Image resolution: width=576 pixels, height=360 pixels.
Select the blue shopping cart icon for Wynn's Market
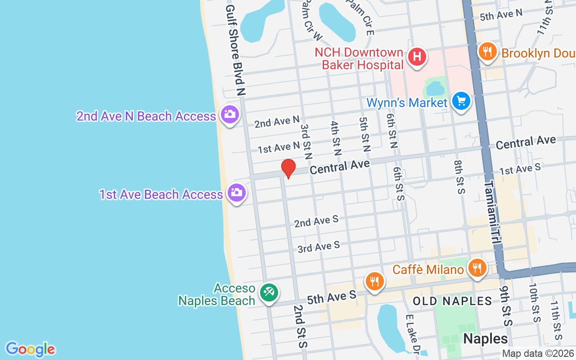(x=461, y=101)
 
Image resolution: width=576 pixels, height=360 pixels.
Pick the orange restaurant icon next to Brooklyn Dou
(x=487, y=51)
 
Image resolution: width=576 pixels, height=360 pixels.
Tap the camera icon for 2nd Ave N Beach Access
(x=229, y=114)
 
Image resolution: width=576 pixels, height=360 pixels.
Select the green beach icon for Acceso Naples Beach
(x=269, y=293)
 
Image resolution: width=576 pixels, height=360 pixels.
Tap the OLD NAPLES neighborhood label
(x=452, y=301)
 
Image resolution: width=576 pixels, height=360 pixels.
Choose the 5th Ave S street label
(x=332, y=297)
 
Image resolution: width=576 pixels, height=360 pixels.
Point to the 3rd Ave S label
(x=319, y=247)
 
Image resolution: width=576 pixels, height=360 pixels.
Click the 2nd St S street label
(x=300, y=326)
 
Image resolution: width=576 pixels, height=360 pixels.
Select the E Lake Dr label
(x=413, y=334)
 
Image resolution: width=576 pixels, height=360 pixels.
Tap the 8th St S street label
(x=459, y=177)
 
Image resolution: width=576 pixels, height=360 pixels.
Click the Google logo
(x=31, y=349)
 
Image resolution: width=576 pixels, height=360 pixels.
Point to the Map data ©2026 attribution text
(x=538, y=353)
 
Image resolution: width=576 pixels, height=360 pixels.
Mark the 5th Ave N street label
(x=501, y=15)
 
